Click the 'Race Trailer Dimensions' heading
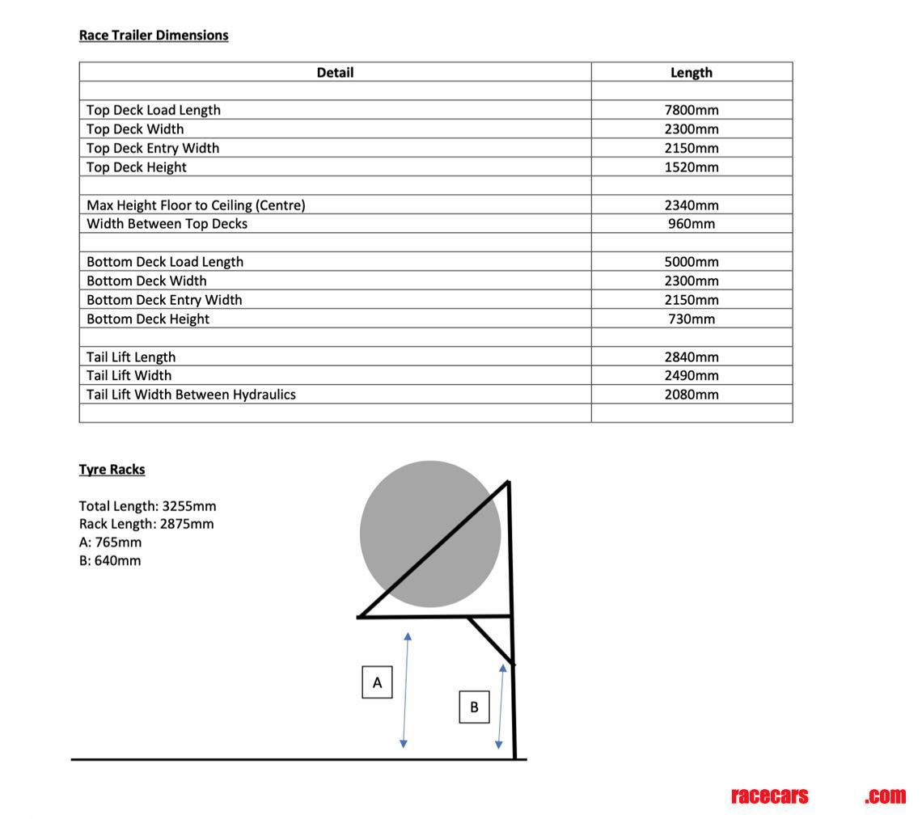pyautogui.click(x=154, y=36)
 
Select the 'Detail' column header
pyautogui.click(x=335, y=73)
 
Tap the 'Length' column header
pyautogui.click(x=691, y=73)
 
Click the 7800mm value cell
pyautogui.click(x=691, y=110)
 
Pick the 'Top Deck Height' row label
pyautogui.click(x=137, y=167)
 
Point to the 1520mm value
pyautogui.click(x=691, y=167)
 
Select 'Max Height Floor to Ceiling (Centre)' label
pyautogui.click(x=196, y=205)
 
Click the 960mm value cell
pyautogui.click(x=691, y=224)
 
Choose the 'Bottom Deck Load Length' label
pyautogui.click(x=165, y=262)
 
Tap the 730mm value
pyautogui.click(x=691, y=319)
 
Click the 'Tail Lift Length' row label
pyautogui.click(x=131, y=357)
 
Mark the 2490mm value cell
pyautogui.click(x=691, y=375)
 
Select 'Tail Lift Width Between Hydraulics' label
pyautogui.click(x=191, y=395)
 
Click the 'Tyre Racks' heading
pyautogui.click(x=112, y=470)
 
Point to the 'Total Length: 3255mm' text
pyautogui.click(x=147, y=506)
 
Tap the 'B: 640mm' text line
pyautogui.click(x=110, y=560)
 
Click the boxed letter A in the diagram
pyautogui.click(x=377, y=682)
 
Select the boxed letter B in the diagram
pyautogui.click(x=474, y=707)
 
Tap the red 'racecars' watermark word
pyautogui.click(x=769, y=796)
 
